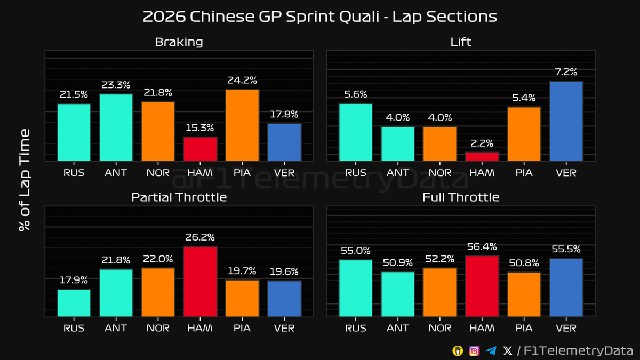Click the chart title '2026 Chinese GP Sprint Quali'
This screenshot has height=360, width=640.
click(319, 17)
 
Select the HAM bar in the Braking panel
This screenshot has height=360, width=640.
click(200, 149)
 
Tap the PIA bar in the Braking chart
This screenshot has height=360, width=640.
click(242, 125)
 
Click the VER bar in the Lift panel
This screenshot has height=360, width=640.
click(566, 121)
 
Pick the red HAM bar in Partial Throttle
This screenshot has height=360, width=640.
click(200, 282)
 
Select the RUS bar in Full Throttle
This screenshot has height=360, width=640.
click(356, 289)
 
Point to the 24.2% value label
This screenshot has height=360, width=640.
click(242, 81)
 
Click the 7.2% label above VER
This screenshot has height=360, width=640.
click(566, 72)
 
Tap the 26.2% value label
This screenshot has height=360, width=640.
click(200, 237)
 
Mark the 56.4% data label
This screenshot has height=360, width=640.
click(482, 246)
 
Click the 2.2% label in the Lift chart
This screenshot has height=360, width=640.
click(482, 143)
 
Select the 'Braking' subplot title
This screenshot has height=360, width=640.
click(179, 42)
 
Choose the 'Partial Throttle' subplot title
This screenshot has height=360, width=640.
click(179, 197)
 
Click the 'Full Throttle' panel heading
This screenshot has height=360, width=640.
click(461, 197)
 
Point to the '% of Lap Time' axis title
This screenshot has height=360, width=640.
click(24, 180)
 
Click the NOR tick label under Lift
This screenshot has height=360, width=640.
click(440, 172)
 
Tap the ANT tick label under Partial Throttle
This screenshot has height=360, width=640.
click(116, 328)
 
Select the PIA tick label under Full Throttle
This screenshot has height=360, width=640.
click(524, 328)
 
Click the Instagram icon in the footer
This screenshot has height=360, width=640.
click(474, 350)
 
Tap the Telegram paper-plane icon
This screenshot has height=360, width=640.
click(491, 350)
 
